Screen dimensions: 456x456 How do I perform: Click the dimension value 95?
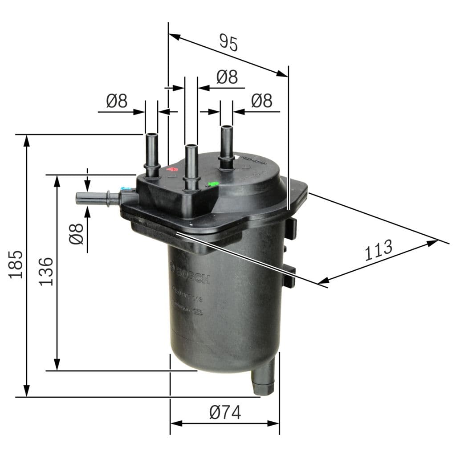[229, 43]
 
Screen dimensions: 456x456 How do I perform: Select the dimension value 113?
[379, 250]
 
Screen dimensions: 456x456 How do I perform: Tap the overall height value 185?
[16, 265]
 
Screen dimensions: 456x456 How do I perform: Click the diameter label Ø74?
[225, 413]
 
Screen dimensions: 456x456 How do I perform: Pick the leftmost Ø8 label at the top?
[117, 102]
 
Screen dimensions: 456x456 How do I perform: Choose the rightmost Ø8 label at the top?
[261, 101]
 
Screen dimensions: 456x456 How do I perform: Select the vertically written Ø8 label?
[77, 233]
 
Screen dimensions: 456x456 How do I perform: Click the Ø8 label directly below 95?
[227, 77]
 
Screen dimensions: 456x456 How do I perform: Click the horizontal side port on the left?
[96, 198]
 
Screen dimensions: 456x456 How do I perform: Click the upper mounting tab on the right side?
[290, 228]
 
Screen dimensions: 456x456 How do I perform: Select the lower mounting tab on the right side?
[289, 276]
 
